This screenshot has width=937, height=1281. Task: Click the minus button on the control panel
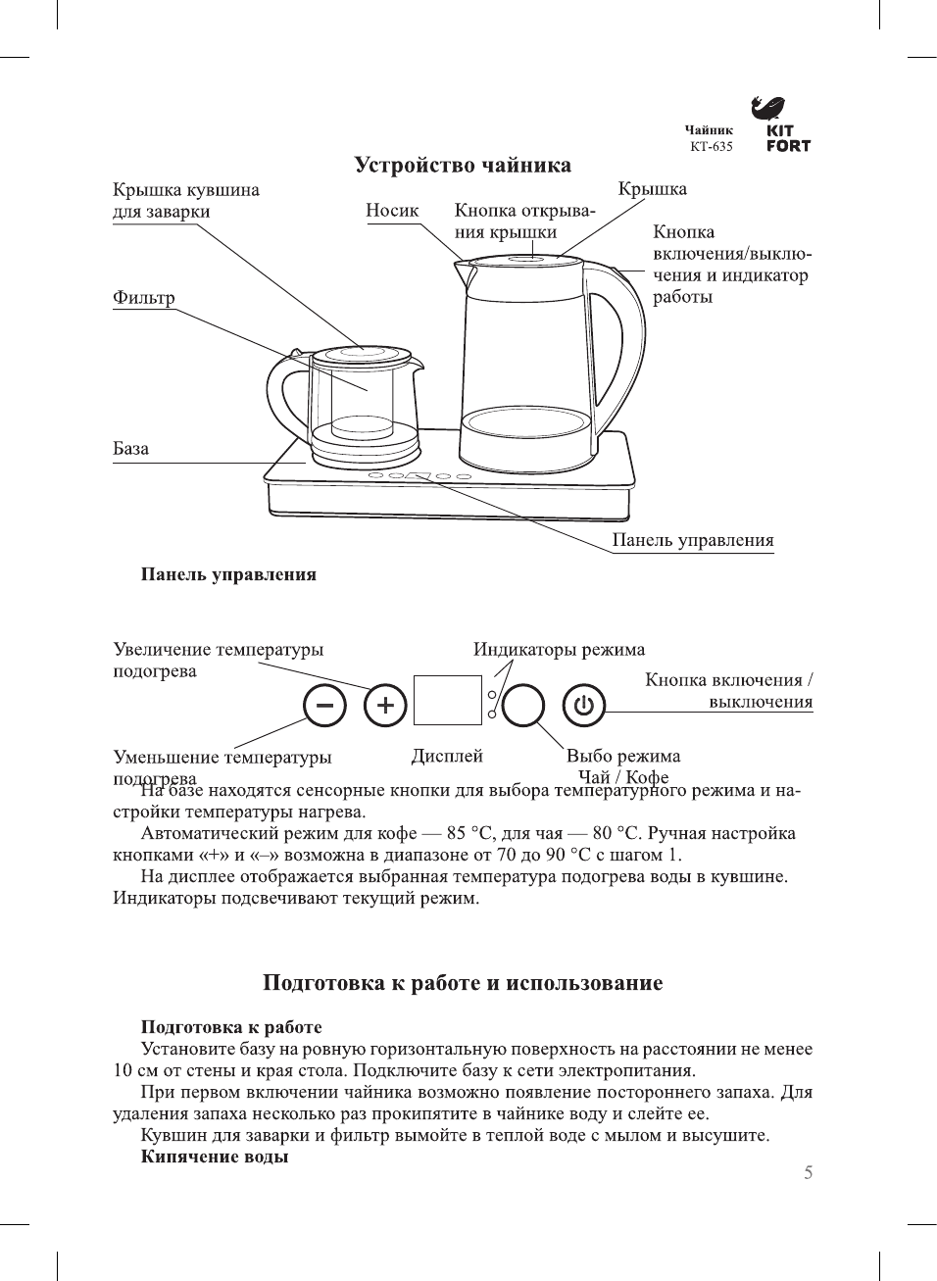point(324,705)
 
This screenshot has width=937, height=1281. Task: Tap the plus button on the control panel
point(385,705)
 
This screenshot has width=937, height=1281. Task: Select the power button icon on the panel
point(584,705)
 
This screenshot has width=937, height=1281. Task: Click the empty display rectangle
point(448,700)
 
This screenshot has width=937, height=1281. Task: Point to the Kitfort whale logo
point(769,107)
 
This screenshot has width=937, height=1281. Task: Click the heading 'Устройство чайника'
point(463,165)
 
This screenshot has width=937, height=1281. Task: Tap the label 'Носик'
point(392,210)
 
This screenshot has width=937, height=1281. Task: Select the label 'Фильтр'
point(144,298)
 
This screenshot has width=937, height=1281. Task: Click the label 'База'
point(131,449)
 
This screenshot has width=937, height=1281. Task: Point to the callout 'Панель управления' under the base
point(692,540)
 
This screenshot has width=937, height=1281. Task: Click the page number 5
point(808,1172)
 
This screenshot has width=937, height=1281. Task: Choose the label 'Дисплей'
point(447,756)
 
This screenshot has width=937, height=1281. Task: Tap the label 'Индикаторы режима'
point(559,649)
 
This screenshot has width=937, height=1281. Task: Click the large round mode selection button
point(523,705)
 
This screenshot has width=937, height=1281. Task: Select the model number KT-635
point(711,146)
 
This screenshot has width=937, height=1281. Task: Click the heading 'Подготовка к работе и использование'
point(463,983)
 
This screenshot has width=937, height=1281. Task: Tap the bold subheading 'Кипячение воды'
point(215,1157)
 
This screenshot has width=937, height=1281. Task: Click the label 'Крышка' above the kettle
point(652,189)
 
